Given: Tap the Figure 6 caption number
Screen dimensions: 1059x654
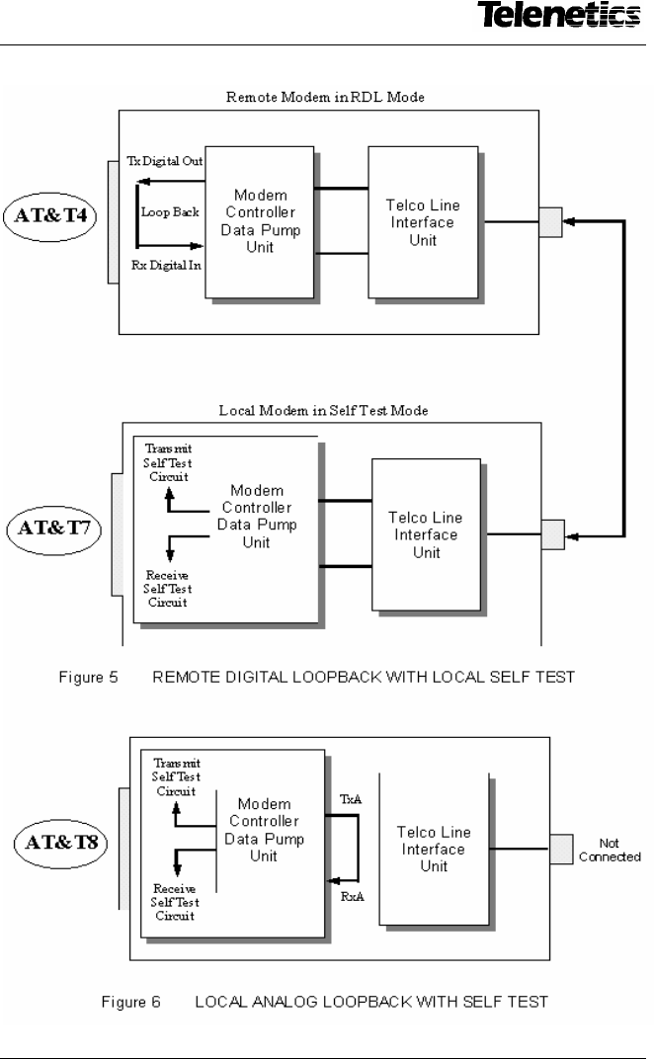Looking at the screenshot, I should click(x=133, y=1003).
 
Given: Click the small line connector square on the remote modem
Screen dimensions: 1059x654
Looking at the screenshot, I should click(x=549, y=221).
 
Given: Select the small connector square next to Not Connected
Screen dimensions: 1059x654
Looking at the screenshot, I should click(x=560, y=848).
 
